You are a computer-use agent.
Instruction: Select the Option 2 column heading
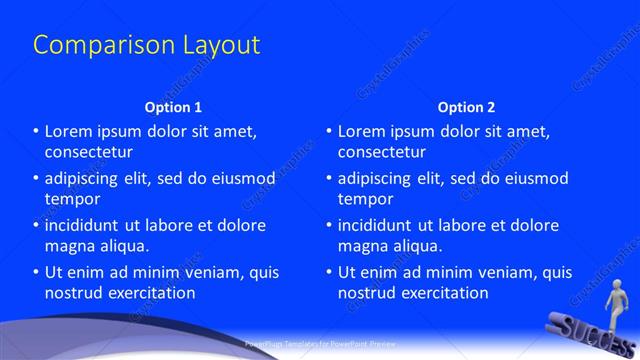[466, 106]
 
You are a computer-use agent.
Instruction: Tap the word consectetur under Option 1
[89, 152]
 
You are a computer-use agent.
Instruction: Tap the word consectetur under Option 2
[382, 152]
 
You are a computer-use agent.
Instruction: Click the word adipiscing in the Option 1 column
[85, 178]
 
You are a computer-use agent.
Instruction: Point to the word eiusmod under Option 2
[531, 178]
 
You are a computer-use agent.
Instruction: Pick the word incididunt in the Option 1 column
[86, 225]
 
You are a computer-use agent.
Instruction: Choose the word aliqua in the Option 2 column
[416, 245]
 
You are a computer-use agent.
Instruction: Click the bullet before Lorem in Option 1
[36, 131]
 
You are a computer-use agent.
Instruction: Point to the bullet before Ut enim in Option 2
[329, 272]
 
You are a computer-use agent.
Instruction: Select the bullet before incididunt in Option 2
[329, 225]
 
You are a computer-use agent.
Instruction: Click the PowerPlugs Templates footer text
[319, 343]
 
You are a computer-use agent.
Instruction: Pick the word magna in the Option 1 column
[68, 245]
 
